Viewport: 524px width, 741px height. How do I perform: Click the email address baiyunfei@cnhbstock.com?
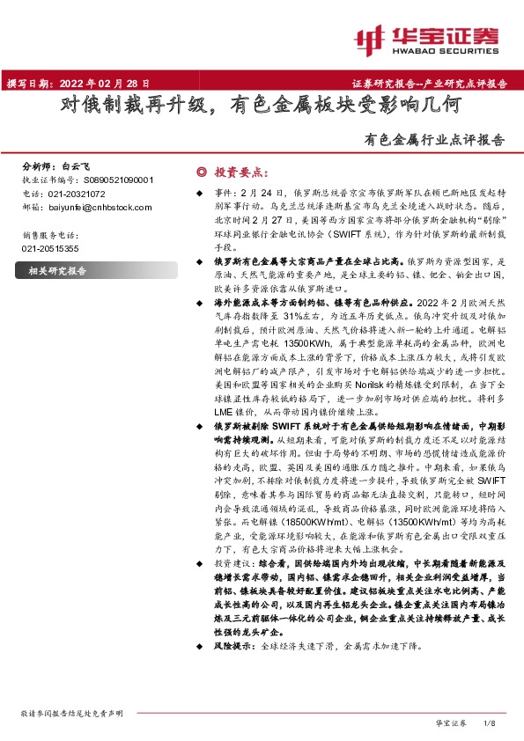97,207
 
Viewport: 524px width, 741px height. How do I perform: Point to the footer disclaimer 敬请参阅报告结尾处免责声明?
77,713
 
